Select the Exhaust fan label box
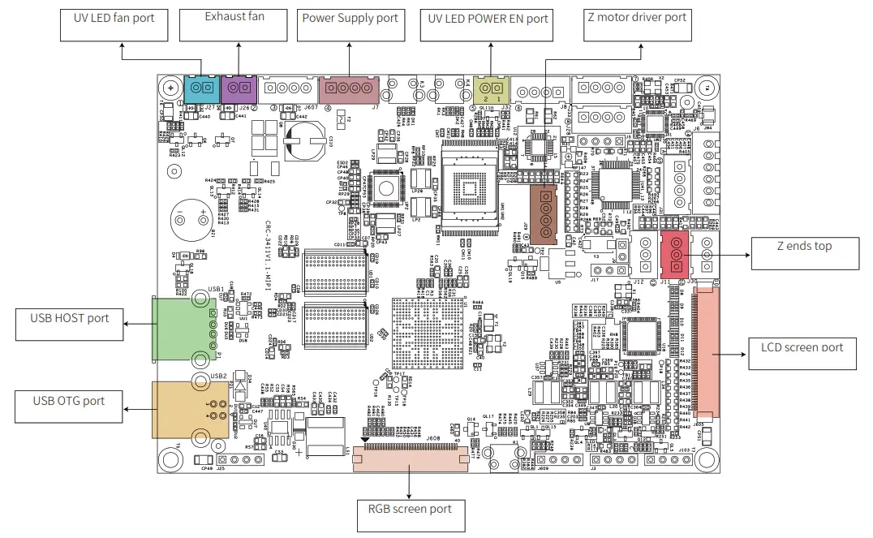(x=234, y=24)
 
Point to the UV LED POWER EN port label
(x=487, y=24)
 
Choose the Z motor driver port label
(x=637, y=24)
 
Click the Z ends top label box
(x=804, y=253)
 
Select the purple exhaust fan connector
(x=238, y=88)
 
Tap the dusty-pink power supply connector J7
(x=350, y=88)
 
